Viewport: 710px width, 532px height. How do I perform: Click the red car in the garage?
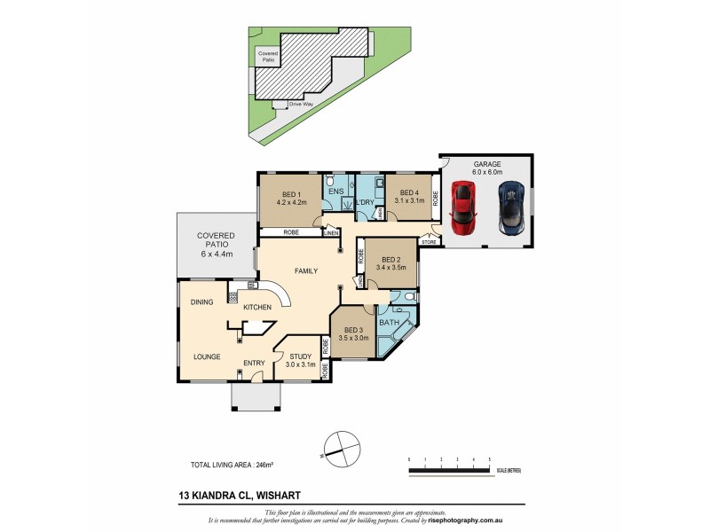click(x=463, y=207)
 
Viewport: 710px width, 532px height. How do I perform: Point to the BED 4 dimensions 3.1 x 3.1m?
click(x=409, y=201)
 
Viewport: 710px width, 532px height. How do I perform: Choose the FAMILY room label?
click(x=307, y=270)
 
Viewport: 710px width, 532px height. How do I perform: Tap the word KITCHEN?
click(x=257, y=307)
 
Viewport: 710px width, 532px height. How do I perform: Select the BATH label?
click(x=389, y=323)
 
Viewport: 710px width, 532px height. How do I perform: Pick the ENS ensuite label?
click(x=335, y=191)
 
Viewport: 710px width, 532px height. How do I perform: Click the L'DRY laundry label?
click(x=365, y=202)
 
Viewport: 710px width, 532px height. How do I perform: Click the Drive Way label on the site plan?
click(x=301, y=104)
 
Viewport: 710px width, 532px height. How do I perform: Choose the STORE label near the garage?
click(x=430, y=240)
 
